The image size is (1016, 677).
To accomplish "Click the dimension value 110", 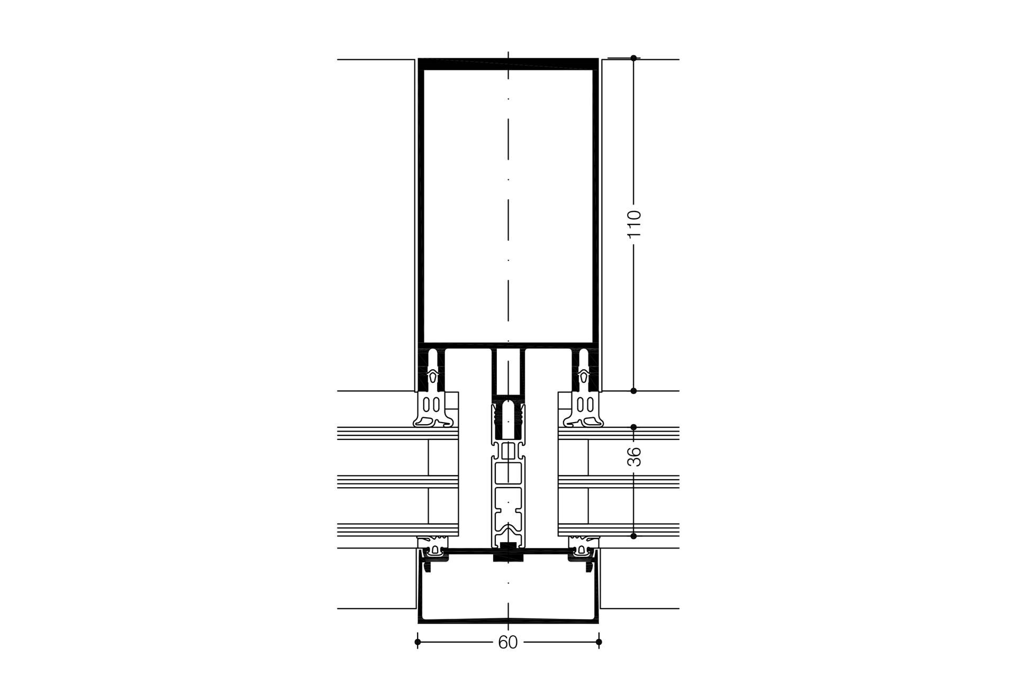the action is coord(634,224).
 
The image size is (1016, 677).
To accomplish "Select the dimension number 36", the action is coord(634,456).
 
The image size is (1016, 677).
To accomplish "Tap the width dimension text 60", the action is coord(508,643).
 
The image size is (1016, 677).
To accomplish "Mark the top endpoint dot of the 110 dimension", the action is coord(634,58).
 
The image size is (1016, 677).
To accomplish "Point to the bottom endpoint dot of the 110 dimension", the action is coord(634,391).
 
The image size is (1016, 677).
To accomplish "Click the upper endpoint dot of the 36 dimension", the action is coord(634,427).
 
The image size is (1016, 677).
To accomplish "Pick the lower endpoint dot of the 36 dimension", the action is coord(634,536).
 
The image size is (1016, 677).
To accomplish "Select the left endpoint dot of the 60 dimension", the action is coord(418,642).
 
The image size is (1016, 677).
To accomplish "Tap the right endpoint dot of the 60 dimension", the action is coord(598,642).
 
